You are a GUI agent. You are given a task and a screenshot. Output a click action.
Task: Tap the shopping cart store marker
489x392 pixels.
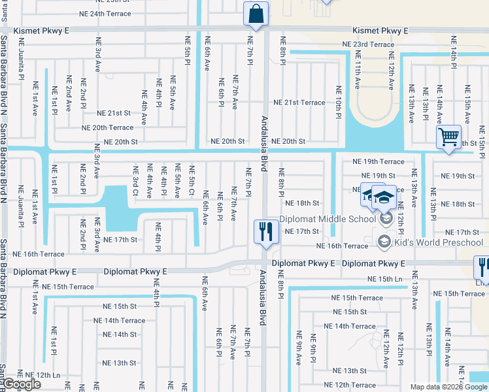(448, 138)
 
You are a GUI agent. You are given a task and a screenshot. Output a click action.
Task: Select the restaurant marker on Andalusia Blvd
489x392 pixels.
(266, 232)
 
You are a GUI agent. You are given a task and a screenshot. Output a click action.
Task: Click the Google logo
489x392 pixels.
(22, 385)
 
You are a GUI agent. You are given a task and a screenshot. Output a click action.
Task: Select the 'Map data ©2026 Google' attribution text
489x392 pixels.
(448, 387)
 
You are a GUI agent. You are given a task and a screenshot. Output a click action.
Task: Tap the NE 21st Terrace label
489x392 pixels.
(299, 103)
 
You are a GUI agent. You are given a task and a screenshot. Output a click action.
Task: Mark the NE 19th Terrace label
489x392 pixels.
(378, 161)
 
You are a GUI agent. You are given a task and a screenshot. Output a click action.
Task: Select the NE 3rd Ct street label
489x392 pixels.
(136, 181)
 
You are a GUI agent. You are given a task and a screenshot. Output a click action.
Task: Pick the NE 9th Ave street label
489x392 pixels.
(297, 350)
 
